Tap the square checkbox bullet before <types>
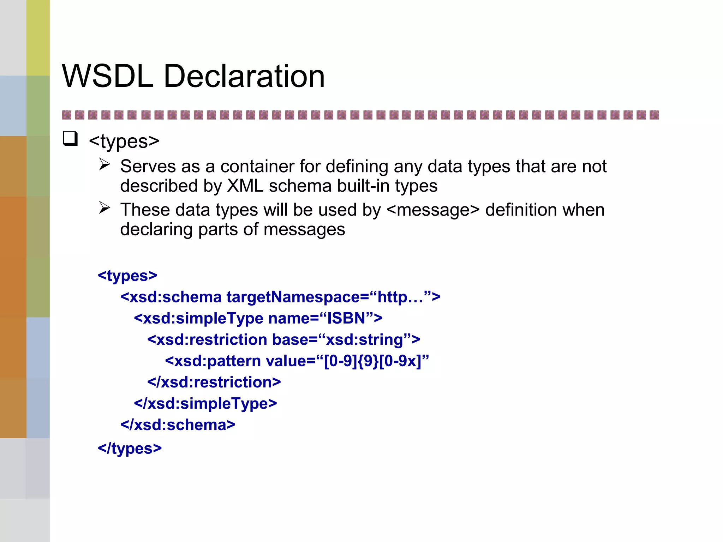(70, 138)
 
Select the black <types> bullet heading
(124, 141)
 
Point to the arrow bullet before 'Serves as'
(104, 164)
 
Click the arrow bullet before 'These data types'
(104, 207)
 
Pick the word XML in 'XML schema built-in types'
(245, 186)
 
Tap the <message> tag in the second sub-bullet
(433, 210)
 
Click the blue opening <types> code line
(127, 276)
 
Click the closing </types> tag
(130, 448)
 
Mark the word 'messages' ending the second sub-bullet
(304, 230)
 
